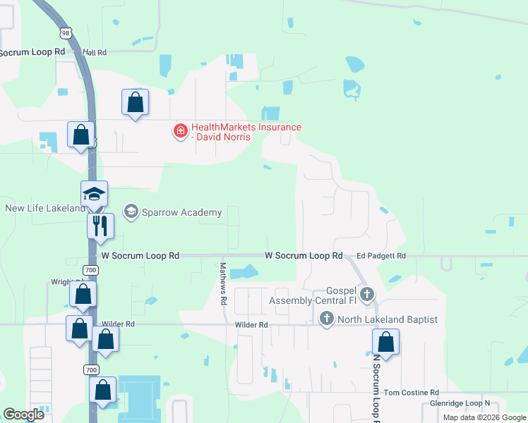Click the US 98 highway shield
tap(66, 34)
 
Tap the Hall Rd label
tap(94, 52)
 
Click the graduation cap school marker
tap(94, 194)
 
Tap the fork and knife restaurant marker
tap(100, 226)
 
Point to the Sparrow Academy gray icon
tap(131, 211)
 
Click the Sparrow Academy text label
tap(181, 212)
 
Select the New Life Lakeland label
tap(44, 208)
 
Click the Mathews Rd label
tap(223, 283)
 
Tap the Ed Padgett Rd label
tap(381, 255)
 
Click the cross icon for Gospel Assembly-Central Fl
tap(366, 293)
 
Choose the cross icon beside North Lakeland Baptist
tap(326, 319)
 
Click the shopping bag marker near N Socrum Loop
tap(385, 342)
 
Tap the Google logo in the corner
tap(24, 415)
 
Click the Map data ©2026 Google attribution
tap(484, 417)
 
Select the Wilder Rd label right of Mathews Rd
tap(253, 325)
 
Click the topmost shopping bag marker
tap(135, 102)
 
